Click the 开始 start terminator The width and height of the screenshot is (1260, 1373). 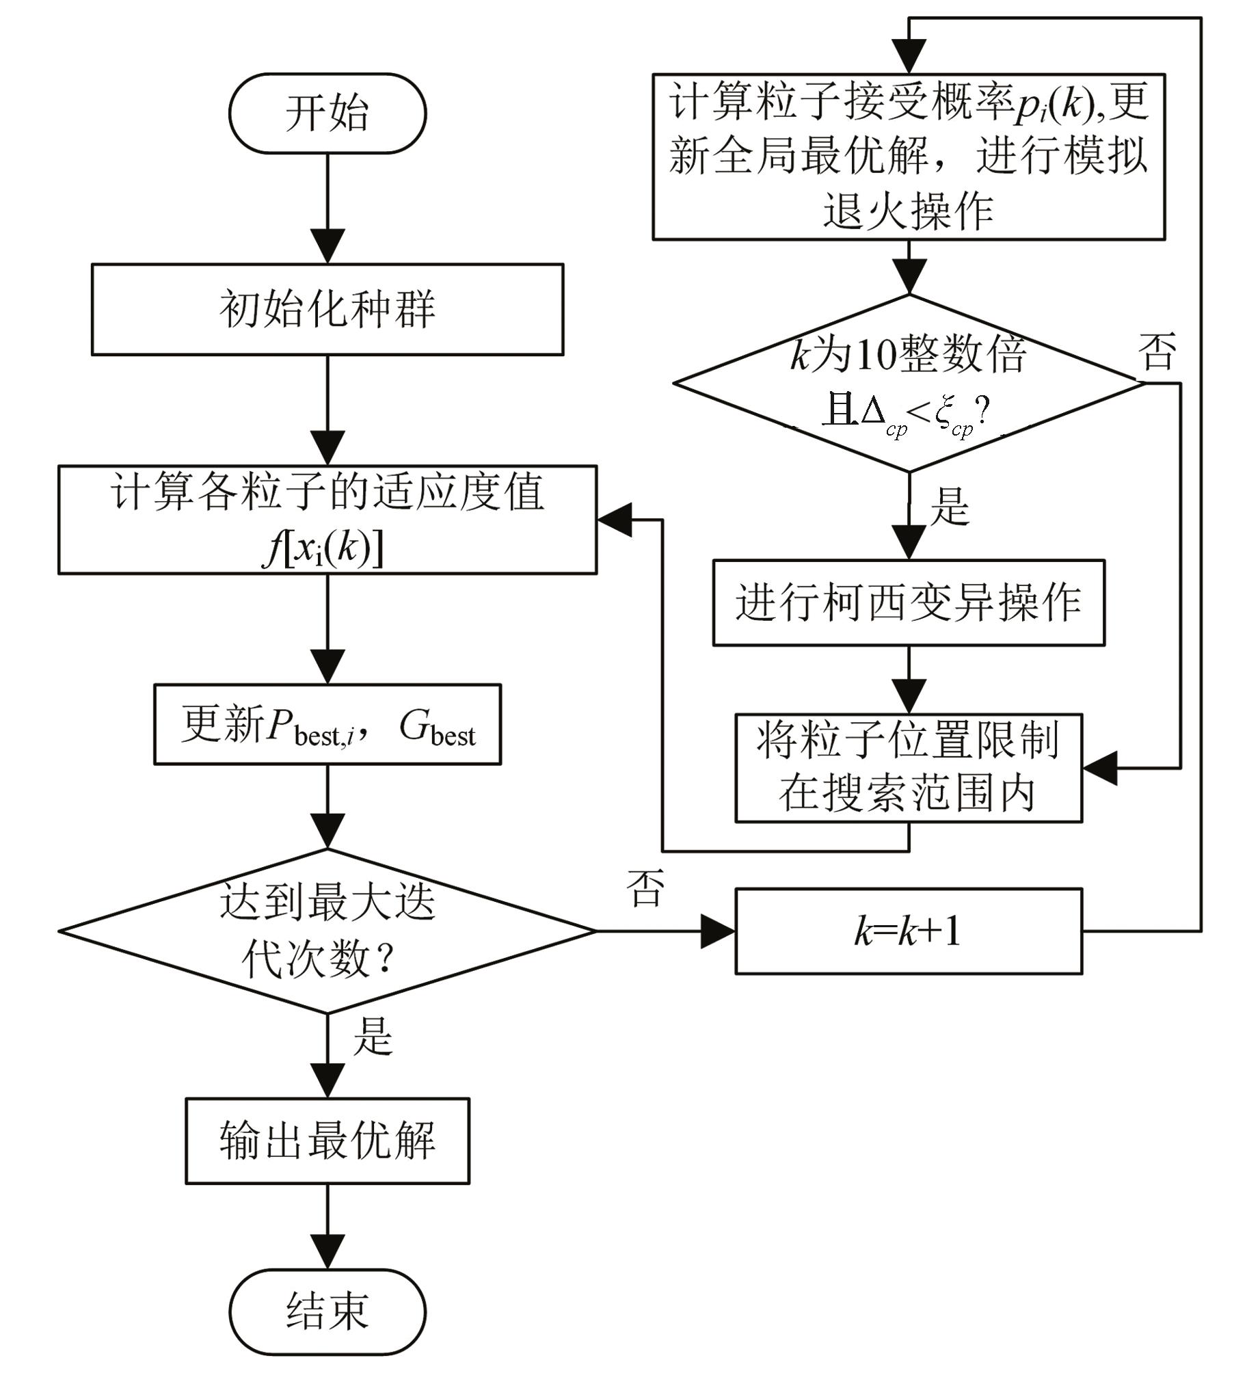[x=327, y=114]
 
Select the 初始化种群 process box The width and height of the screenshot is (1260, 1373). [x=327, y=310]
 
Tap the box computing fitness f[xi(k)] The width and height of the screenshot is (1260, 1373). [x=327, y=520]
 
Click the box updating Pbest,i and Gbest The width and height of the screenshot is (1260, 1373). [x=327, y=724]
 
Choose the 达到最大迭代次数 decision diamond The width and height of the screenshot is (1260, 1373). [x=327, y=931]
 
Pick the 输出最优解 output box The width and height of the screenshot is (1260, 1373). [x=327, y=1141]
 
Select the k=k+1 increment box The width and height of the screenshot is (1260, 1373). [x=909, y=931]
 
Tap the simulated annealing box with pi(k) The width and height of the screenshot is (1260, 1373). [x=909, y=157]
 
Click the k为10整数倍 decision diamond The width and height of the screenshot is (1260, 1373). [x=909, y=383]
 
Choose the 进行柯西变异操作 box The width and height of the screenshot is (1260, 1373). [x=909, y=602]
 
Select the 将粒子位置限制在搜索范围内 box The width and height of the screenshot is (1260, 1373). [x=909, y=768]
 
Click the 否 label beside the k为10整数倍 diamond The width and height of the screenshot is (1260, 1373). [x=1157, y=351]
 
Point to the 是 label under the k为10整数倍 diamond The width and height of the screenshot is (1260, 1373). [x=950, y=507]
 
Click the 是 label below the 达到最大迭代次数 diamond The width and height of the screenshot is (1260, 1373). [x=373, y=1036]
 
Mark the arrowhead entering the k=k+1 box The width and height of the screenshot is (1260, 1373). [x=719, y=931]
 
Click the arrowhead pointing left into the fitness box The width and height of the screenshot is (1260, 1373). [x=614, y=520]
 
